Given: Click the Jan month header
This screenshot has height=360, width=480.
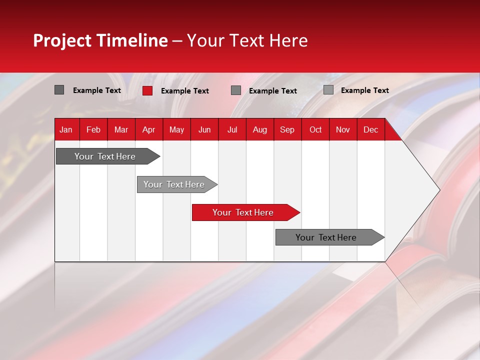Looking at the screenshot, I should pos(66,129).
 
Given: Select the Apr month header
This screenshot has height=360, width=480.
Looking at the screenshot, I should pos(148,129).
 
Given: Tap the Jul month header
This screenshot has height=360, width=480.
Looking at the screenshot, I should pos(232,129).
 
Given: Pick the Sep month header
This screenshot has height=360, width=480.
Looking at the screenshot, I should pos(287,129).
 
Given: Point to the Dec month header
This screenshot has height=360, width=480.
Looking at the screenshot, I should pos(370,129).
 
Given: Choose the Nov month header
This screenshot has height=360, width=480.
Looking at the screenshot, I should pos(342,129).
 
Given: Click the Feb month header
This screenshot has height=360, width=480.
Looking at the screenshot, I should pos(93,129).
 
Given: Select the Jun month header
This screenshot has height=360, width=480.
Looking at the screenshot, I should pos(204,129).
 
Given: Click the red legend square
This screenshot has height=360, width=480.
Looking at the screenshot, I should pos(147,90).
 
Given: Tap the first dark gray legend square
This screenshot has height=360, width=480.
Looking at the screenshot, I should pos(59,90).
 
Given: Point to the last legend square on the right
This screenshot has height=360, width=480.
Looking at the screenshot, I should pos(328,90).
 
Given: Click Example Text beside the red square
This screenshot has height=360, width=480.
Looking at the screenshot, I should pos(185,91).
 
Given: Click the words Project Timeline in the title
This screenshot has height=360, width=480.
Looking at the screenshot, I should pos(100,40).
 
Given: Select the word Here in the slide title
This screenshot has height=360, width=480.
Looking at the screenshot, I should pos(288,40).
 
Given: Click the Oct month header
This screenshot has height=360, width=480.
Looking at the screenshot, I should pos(315,129).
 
